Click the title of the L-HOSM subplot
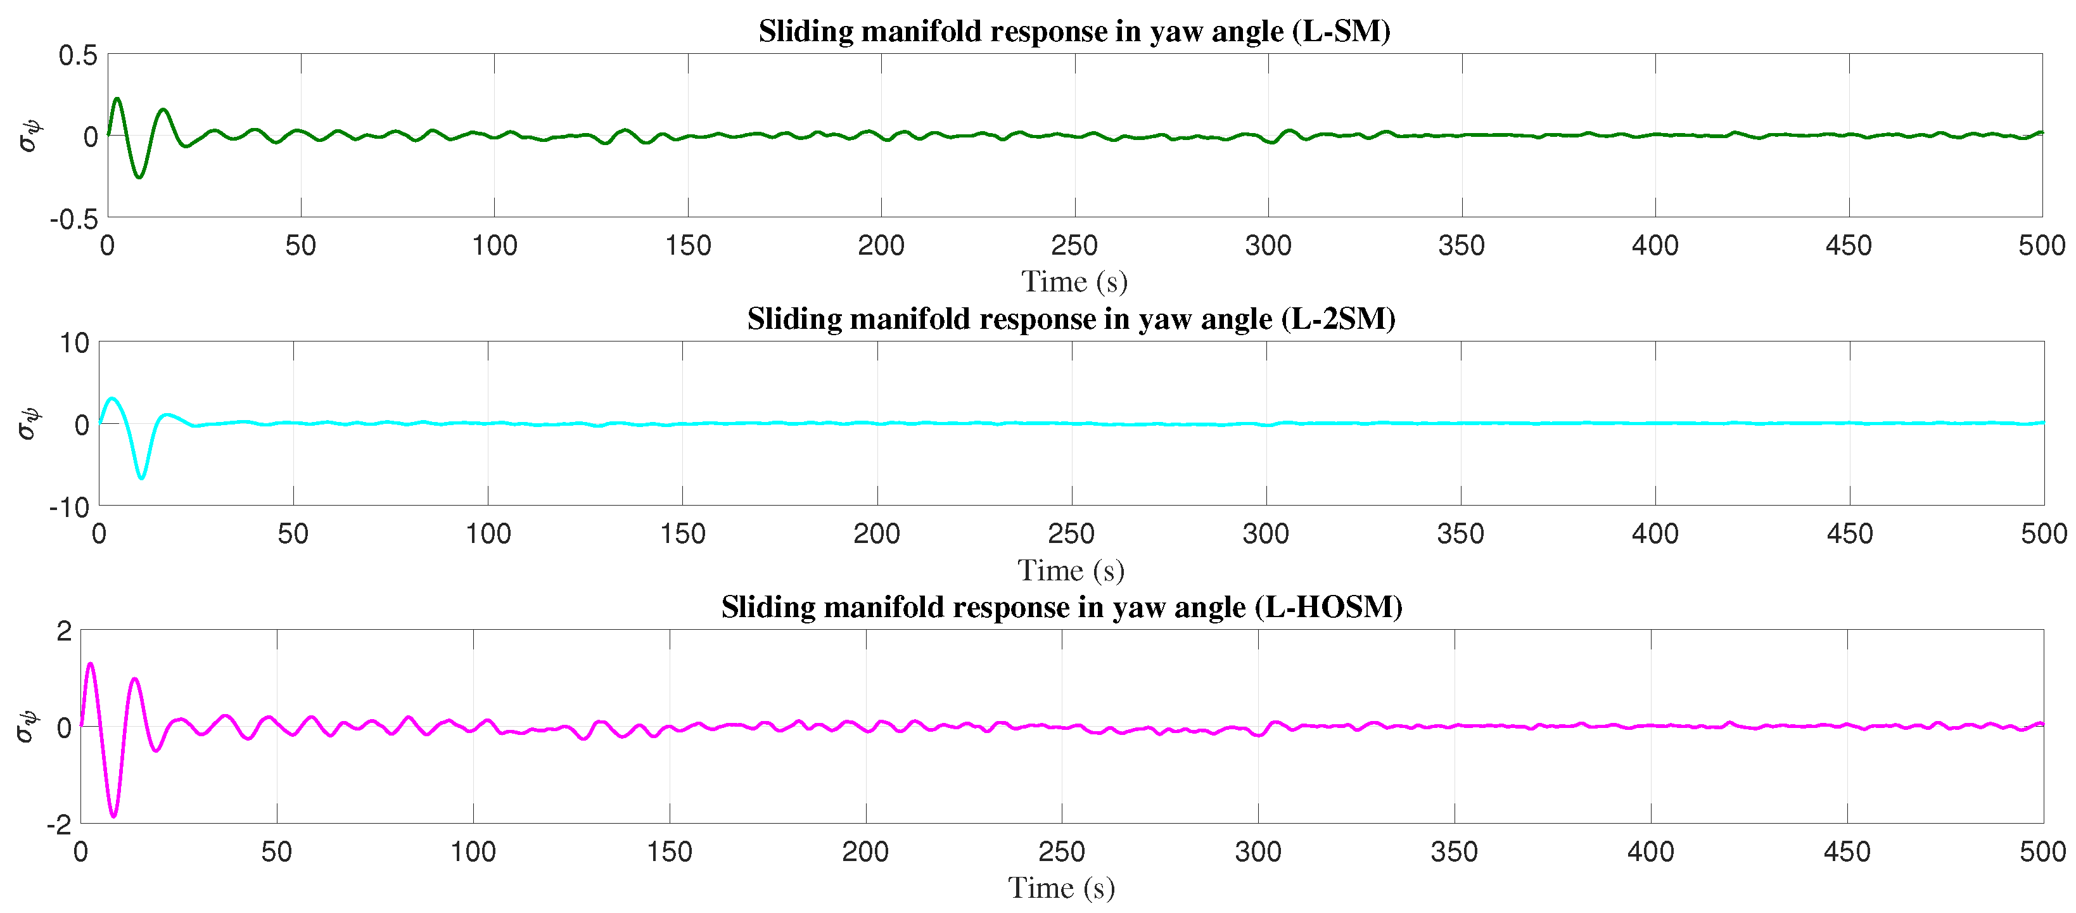pos(1061,608)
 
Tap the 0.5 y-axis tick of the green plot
pos(77,56)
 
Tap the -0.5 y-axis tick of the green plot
pos(73,219)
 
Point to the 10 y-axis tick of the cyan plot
pos(74,343)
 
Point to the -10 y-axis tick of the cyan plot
pos(68,508)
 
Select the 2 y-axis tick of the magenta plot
pos(63,631)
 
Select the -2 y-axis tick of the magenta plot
pos(59,824)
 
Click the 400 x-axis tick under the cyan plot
pos(1655,533)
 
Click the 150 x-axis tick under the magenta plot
pos(669,852)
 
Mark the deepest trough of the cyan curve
pos(142,478)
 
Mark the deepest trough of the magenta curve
pos(113,816)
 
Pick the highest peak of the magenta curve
pos(90,664)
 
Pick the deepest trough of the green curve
pos(139,177)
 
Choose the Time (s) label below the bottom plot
pos(1060,888)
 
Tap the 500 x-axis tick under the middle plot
pos(2042,533)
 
